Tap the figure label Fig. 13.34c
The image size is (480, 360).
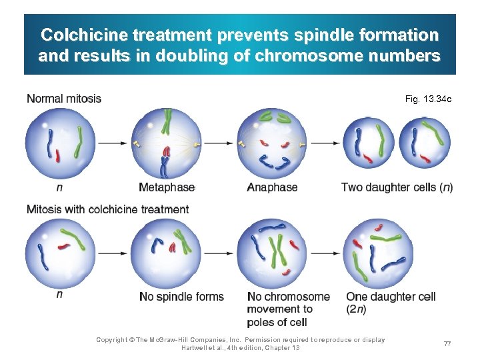[x=428, y=99]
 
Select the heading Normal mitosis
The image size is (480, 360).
[x=64, y=99]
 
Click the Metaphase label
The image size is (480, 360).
[x=167, y=188]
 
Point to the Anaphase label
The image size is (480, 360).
[x=272, y=188]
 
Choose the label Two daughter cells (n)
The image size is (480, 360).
[x=397, y=188]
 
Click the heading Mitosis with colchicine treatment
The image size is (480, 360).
[x=107, y=209]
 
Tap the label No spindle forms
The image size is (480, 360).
[x=181, y=297]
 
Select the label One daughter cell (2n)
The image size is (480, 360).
[x=391, y=303]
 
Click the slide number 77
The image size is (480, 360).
[x=447, y=343]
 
